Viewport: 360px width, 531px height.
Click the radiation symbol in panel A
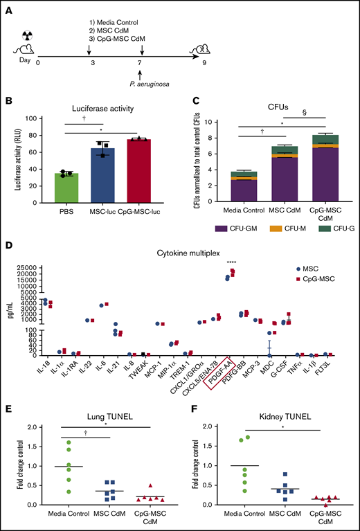pyautogui.click(x=26, y=35)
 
